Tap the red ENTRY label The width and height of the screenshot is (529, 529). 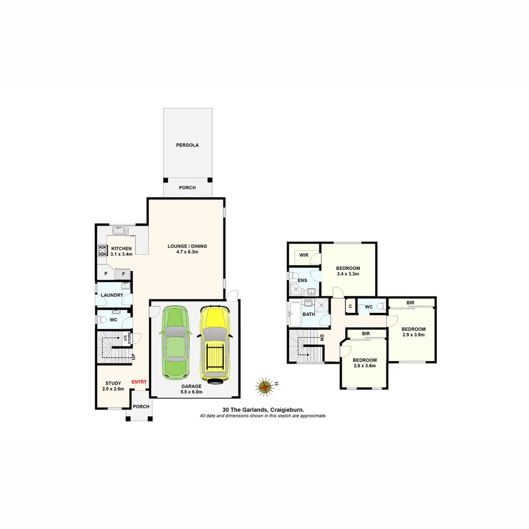click(139, 382)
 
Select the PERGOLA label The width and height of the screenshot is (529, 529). click(188, 145)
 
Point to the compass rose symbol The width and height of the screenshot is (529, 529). click(265, 386)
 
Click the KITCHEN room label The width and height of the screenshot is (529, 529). click(121, 248)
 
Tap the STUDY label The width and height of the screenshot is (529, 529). click(113, 384)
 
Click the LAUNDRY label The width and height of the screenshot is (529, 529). click(112, 295)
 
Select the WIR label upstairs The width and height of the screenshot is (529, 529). click(304, 255)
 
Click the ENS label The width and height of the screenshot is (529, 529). click(302, 281)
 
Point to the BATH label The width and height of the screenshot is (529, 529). click(309, 314)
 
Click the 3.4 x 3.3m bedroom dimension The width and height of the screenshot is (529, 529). click(348, 274)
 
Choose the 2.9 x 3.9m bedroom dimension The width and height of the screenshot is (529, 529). click(413, 335)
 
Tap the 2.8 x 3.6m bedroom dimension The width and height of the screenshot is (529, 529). click(365, 365)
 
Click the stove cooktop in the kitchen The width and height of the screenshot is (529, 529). click(103, 250)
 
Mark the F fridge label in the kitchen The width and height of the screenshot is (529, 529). click(123, 273)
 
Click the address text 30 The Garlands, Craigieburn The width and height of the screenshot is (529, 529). click(263, 409)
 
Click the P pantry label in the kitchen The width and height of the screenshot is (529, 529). click(105, 273)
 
